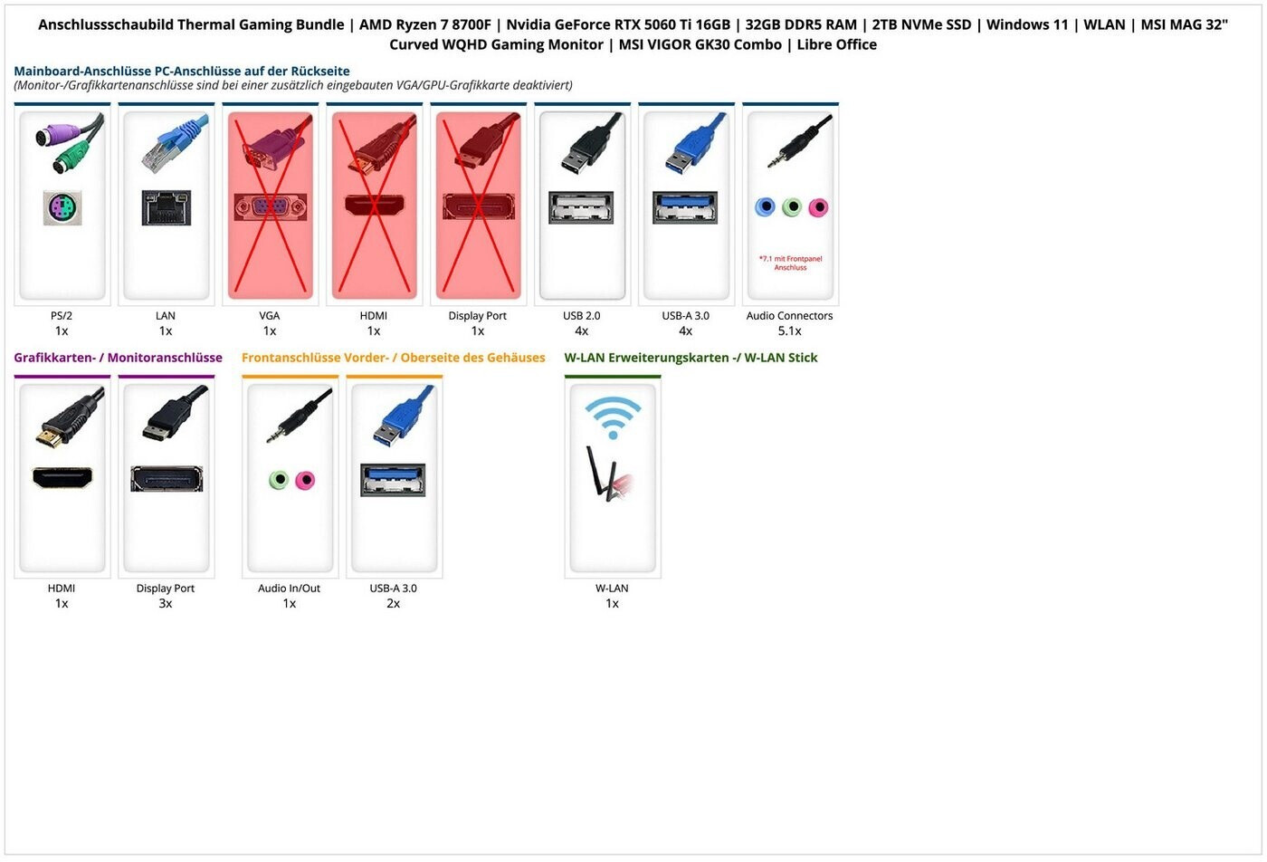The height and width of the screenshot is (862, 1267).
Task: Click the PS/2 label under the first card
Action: pos(62,316)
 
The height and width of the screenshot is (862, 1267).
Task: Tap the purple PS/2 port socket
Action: pos(62,209)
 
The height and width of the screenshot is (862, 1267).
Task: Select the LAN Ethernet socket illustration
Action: pos(166,208)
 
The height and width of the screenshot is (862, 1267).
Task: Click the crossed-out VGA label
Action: pos(270,316)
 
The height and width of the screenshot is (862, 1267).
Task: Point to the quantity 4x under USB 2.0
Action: pos(581,331)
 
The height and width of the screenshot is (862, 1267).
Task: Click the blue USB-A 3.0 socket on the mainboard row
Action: pos(685,207)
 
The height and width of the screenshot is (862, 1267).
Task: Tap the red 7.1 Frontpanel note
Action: pos(790,263)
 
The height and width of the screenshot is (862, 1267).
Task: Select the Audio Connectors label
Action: pos(789,316)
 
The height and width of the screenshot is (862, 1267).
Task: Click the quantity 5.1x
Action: pos(789,331)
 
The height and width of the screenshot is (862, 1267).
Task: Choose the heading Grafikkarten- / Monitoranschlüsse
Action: pos(118,358)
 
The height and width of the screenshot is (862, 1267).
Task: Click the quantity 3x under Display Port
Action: pos(166,604)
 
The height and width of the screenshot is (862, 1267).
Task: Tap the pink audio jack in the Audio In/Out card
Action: pos(305,480)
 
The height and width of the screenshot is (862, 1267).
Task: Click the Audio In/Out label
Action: pos(289,589)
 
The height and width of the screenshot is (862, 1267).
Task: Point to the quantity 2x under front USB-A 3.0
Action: pos(393,604)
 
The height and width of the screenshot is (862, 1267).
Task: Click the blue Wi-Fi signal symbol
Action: pos(613,417)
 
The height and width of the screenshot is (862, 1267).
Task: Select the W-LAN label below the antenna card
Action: pos(612,589)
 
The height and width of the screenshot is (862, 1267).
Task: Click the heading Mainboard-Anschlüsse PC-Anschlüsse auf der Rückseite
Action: pos(181,71)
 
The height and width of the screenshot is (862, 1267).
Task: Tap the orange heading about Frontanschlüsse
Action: pos(393,358)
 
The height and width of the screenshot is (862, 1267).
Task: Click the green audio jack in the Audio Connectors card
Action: pos(792,207)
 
